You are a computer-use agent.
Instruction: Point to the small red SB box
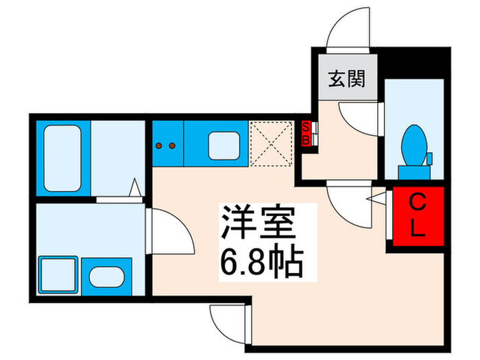click(307, 132)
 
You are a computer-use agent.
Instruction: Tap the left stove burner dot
click(160, 145)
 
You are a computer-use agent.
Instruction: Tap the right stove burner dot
click(171, 145)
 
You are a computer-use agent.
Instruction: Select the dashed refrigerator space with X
click(271, 143)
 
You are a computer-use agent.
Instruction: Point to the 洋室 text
click(256, 224)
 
